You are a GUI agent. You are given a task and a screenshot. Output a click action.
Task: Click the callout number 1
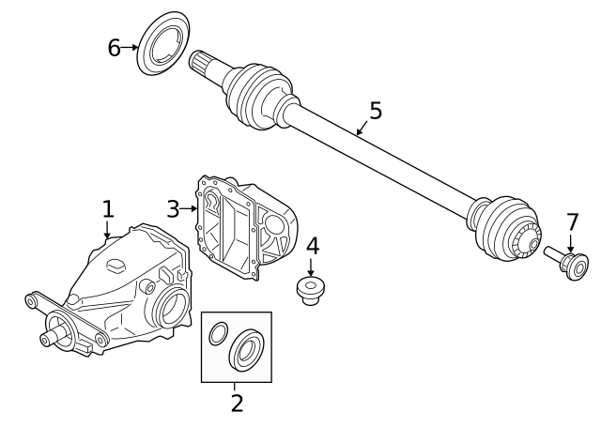108,208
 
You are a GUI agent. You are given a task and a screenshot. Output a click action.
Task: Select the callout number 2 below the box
237,404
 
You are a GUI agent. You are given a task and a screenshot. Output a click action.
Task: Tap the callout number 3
173,208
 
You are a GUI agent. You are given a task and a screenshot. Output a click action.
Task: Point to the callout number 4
312,246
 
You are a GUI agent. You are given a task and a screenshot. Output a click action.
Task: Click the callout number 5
376,111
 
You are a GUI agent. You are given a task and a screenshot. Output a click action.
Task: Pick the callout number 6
114,47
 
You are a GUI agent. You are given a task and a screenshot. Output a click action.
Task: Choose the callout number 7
572,222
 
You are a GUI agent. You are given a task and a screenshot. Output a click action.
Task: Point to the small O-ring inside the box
217,333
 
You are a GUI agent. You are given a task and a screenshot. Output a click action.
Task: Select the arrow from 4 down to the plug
312,267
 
